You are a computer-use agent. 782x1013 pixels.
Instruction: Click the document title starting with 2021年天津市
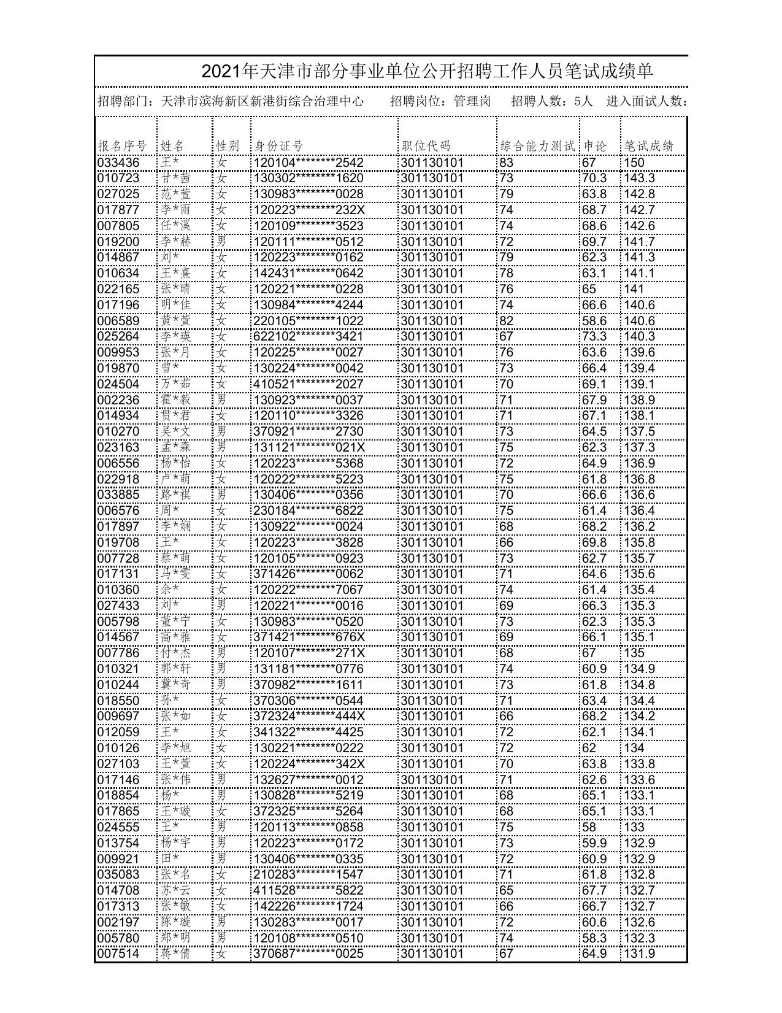427,72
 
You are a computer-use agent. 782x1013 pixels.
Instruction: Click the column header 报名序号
123,146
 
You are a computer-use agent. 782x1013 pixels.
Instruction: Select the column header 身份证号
279,146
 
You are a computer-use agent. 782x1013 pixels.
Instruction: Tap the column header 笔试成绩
649,146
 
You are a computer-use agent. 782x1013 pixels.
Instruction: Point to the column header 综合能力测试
538,146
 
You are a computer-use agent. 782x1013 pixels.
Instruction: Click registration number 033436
118,163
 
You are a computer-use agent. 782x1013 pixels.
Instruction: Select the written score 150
634,163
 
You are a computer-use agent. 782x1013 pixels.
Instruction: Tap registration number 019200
118,242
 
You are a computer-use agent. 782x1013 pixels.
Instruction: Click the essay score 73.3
594,336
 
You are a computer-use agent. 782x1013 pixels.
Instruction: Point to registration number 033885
118,495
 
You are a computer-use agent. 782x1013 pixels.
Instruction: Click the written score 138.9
640,400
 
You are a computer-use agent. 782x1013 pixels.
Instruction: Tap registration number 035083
118,874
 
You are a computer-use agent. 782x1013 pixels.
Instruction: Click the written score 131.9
640,953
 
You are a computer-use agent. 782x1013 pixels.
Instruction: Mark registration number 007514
118,953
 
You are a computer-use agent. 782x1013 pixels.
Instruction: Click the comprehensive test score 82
507,321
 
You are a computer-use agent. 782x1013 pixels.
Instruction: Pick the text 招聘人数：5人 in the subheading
552,101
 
